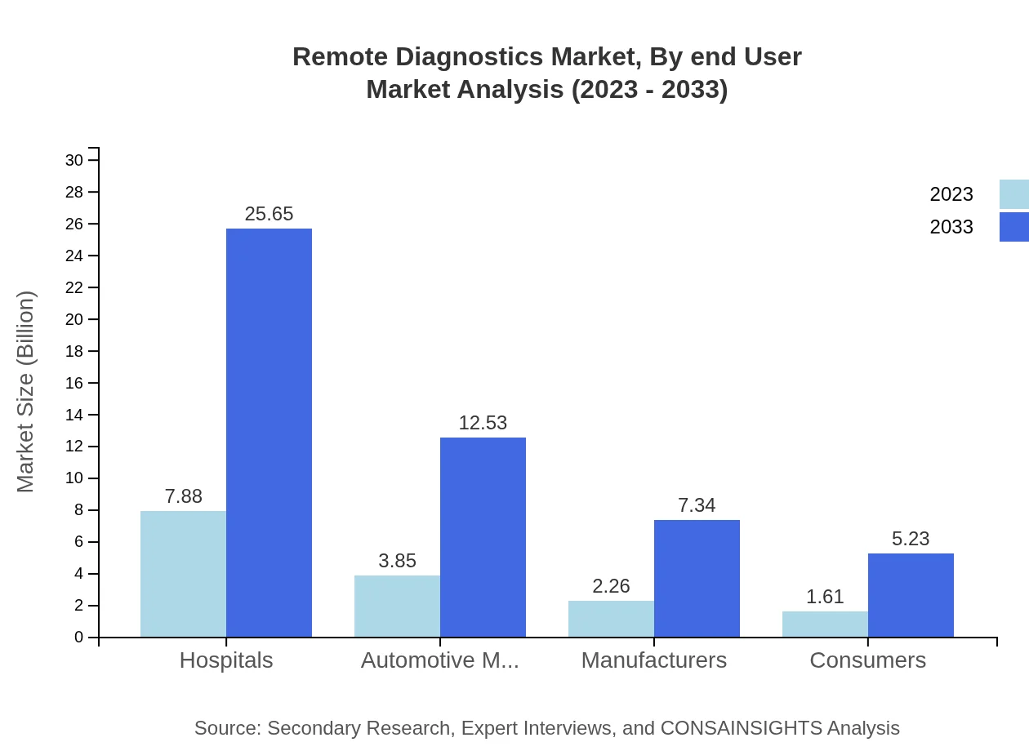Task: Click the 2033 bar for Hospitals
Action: [x=269, y=433]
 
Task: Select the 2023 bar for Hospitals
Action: [x=183, y=574]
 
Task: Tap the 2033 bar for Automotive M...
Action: [x=483, y=537]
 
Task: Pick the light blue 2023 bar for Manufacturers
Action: [x=611, y=619]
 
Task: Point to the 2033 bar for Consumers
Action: [x=911, y=595]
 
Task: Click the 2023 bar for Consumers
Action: [x=825, y=624]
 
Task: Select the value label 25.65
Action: [x=269, y=214]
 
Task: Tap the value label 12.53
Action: [x=483, y=423]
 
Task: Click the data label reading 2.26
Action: [x=611, y=586]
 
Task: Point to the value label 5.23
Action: [x=911, y=539]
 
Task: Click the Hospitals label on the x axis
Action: [x=226, y=660]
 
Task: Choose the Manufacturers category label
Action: [x=654, y=660]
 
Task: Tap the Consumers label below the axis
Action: [x=868, y=660]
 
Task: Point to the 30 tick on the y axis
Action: [x=74, y=160]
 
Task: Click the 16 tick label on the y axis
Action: [x=74, y=383]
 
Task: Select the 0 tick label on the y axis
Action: [x=79, y=638]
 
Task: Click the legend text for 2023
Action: [x=951, y=194]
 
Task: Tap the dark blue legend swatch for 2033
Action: [x=1014, y=227]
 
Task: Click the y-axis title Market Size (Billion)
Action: [x=25, y=392]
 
